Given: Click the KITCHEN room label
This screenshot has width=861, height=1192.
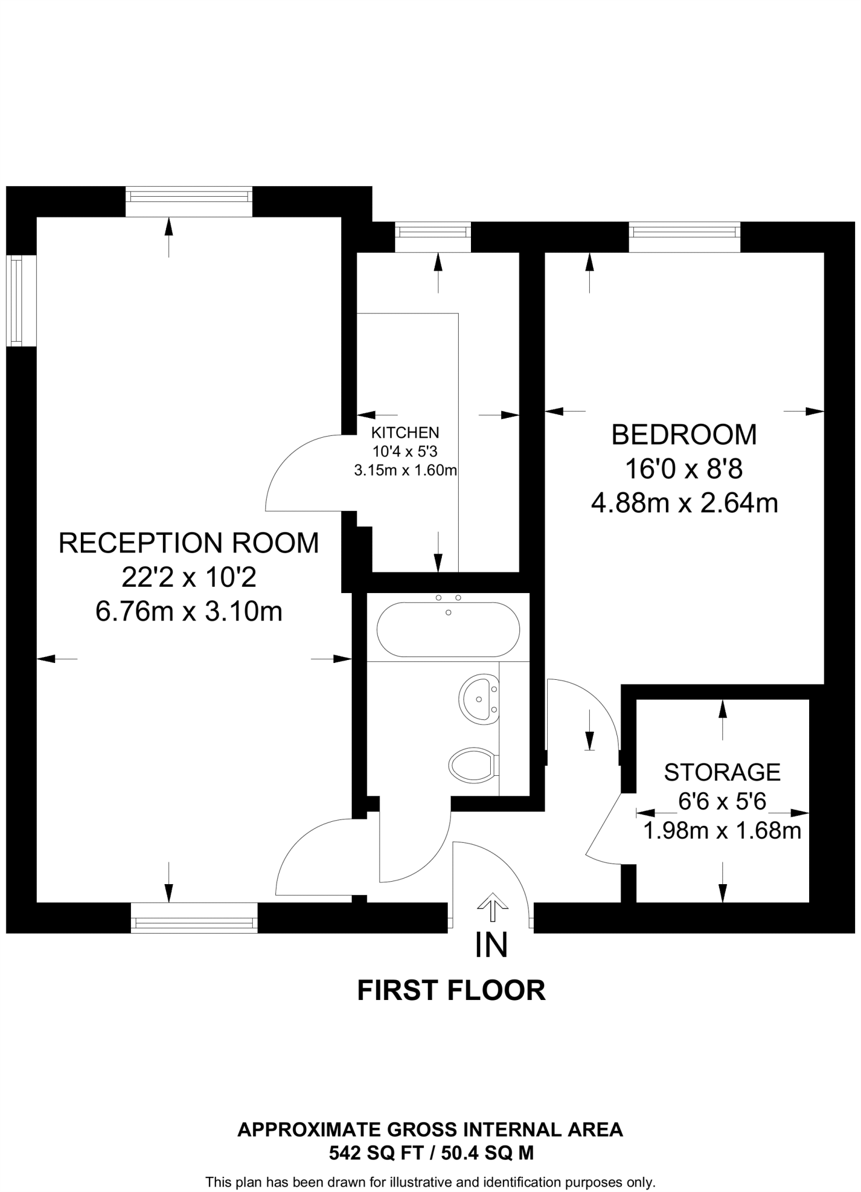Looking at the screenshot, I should (405, 432).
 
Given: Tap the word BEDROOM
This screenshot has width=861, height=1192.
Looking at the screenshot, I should (684, 435).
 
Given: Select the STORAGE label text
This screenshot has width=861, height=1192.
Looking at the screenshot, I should (722, 772).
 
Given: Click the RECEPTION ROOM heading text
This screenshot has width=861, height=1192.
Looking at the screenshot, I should (189, 543).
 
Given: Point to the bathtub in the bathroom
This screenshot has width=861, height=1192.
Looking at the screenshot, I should (448, 630).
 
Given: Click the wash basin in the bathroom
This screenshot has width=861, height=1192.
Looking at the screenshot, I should (479, 699).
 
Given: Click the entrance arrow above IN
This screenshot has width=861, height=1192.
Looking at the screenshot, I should (492, 907).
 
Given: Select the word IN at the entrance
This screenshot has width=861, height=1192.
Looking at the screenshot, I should (491, 945).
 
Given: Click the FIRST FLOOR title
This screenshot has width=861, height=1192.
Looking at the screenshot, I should (451, 991).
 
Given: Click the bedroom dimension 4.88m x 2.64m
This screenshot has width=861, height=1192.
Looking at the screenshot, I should (685, 503).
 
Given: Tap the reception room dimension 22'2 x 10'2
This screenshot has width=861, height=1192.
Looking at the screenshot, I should (189, 578).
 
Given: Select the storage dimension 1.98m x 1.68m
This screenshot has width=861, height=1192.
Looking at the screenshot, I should (722, 831).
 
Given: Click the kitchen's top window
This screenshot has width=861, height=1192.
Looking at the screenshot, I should (433, 232).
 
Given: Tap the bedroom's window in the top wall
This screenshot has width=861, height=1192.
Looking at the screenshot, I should (684, 232).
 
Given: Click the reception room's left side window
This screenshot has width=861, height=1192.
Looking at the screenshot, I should (16, 300).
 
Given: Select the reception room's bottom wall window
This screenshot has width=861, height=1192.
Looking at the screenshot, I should (194, 923).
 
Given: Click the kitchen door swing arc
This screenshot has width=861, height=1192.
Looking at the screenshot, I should (288, 460).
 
